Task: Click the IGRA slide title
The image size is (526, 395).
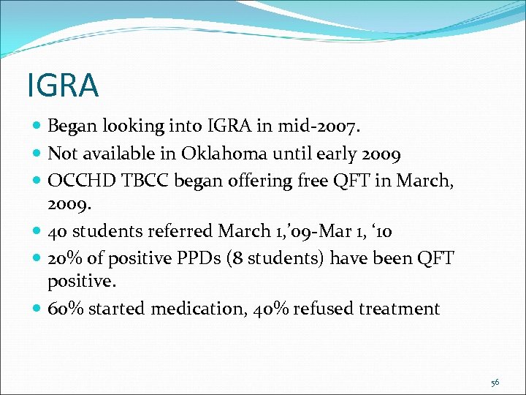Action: pos(62,85)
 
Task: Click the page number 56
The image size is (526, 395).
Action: pos(495,383)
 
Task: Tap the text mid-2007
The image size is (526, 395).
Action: pos(317,126)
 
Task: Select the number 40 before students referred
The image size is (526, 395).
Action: pos(58,232)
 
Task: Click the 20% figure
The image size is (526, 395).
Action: pos(62,259)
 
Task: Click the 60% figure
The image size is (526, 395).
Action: pos(63,309)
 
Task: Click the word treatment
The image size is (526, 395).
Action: pos(400,309)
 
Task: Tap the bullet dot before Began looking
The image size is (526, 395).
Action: pos(37,127)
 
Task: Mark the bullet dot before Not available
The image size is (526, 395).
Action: pos(37,154)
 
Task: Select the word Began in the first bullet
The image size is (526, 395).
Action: pos(72,127)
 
